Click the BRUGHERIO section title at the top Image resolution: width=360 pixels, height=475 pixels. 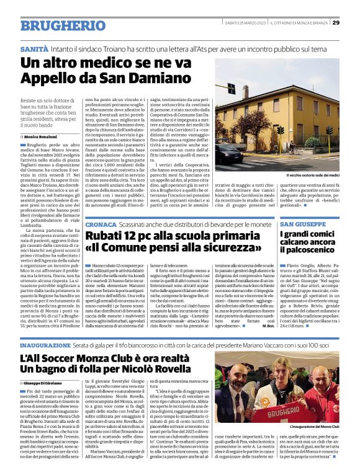[x=54, y=25]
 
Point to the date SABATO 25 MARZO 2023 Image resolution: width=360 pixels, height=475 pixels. [x=240, y=23]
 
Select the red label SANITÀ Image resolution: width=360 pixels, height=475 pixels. [x=35, y=48]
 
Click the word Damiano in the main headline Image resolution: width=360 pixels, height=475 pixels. [x=155, y=79]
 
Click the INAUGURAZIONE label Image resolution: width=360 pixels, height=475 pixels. [x=49, y=344]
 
